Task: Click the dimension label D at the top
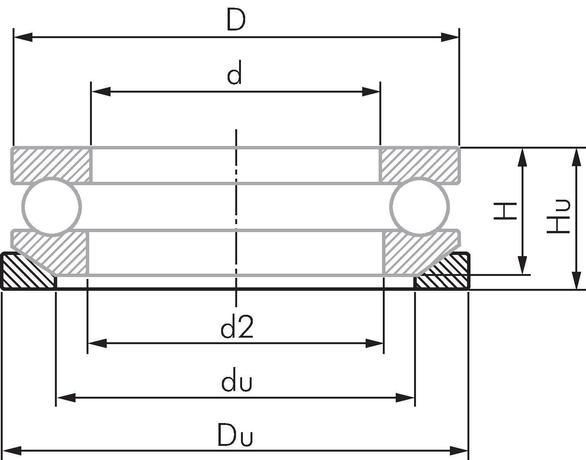tap(236, 20)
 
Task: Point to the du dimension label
tap(236, 382)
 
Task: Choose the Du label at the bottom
tap(235, 436)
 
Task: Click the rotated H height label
tap(505, 211)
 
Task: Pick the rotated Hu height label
tap(559, 216)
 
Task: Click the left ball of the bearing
tap(52, 206)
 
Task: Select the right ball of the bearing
tap(420, 206)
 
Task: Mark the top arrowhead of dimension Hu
tap(576, 157)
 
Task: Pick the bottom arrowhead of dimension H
tap(522, 265)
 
